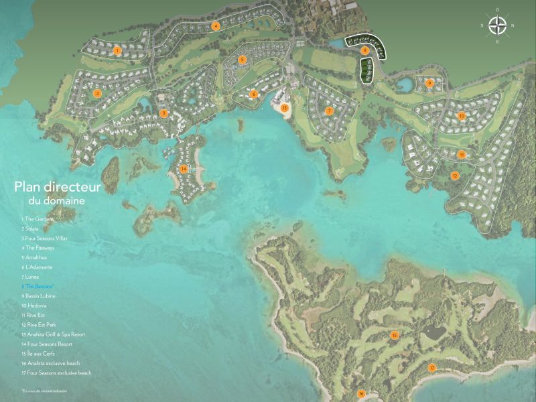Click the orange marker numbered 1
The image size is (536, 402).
pyautogui.click(x=117, y=50)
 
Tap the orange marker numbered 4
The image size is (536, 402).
pyautogui.click(x=216, y=26)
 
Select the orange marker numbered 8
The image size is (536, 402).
pyautogui.click(x=365, y=50)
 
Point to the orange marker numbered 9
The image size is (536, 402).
pyautogui.click(x=429, y=83)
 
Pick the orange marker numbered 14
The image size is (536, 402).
pyautogui.click(x=184, y=168)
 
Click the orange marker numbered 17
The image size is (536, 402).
pyautogui.click(x=432, y=368)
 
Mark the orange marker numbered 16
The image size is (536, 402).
pyautogui.click(x=360, y=393)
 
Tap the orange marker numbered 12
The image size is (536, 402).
pyautogui.click(x=455, y=176)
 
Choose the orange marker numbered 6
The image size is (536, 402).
pyautogui.click(x=254, y=94)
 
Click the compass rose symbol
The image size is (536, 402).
pyautogui.click(x=496, y=25)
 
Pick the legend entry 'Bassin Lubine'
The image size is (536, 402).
pyautogui.click(x=40, y=295)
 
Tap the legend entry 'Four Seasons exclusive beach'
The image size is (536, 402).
pyautogui.click(x=56, y=373)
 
